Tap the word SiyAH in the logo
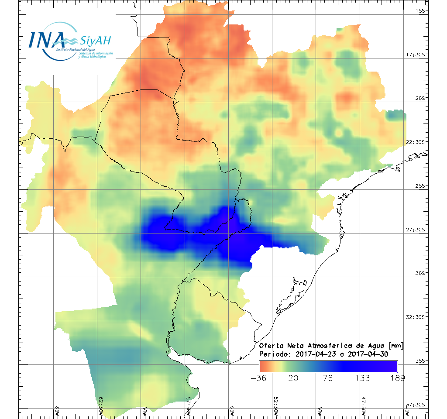[x=96, y=41]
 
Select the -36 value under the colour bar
[x=259, y=378]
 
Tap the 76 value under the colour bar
[x=328, y=378]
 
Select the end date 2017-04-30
[x=368, y=354]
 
